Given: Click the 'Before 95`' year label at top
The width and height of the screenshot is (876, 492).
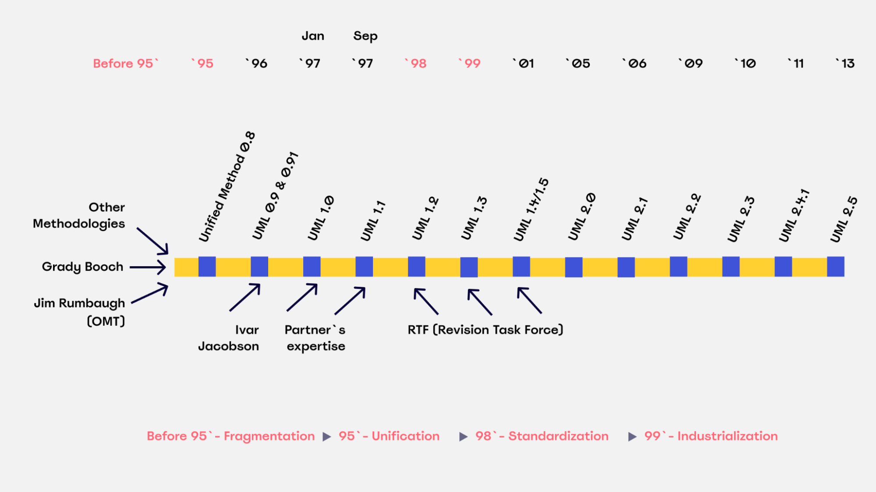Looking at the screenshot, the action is coord(126,64).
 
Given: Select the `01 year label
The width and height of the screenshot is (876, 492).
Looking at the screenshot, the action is coord(524,64).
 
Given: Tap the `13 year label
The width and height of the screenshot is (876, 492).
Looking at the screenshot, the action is coord(845,64).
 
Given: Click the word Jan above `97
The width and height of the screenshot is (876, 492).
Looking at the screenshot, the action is coord(313,36).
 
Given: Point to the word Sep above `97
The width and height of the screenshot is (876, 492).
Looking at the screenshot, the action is coord(365,36).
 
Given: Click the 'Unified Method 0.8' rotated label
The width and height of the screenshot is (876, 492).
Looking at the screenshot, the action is coord(227,186).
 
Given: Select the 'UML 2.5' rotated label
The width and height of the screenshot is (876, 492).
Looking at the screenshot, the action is coord(844,219).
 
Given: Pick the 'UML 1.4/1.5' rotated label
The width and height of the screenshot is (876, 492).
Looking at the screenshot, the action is coord(531,210).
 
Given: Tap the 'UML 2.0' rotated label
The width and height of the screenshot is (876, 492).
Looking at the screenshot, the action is coord(582,217).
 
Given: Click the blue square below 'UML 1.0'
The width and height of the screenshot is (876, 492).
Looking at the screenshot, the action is coord(312,267).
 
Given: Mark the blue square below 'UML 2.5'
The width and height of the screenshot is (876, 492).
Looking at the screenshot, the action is coord(836,267).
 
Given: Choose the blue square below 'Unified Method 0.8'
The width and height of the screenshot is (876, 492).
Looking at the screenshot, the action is coord(207,267).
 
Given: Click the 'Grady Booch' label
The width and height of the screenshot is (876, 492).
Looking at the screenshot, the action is coord(83,267).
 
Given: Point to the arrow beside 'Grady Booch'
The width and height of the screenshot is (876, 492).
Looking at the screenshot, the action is coord(148,267).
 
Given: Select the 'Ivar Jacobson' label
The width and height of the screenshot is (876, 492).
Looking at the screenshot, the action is coord(228,338).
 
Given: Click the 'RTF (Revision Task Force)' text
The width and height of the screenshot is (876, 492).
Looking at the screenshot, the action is coord(486,330).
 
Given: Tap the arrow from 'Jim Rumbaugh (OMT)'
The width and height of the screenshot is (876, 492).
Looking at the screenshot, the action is coord(150,293).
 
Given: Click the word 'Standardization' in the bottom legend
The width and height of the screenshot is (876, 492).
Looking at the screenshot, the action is coord(558,436).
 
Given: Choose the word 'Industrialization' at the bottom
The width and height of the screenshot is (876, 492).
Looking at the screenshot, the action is coord(727,436).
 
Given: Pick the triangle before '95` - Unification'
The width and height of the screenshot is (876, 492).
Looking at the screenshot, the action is coord(327,437).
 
